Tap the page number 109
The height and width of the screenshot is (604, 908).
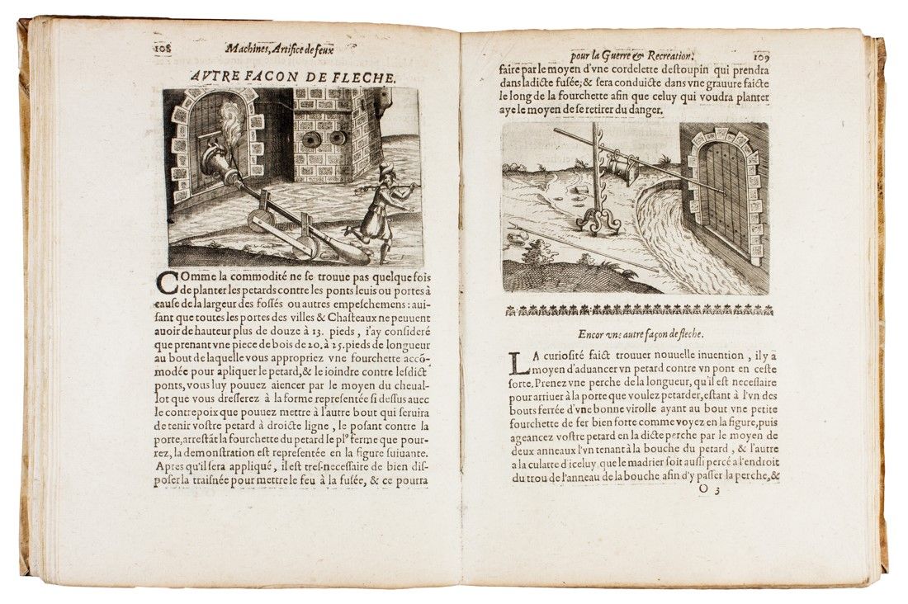coord(760,57)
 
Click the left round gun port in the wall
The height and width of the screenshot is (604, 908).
coord(312,139)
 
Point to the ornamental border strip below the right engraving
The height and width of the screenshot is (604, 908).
coord(636,310)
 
